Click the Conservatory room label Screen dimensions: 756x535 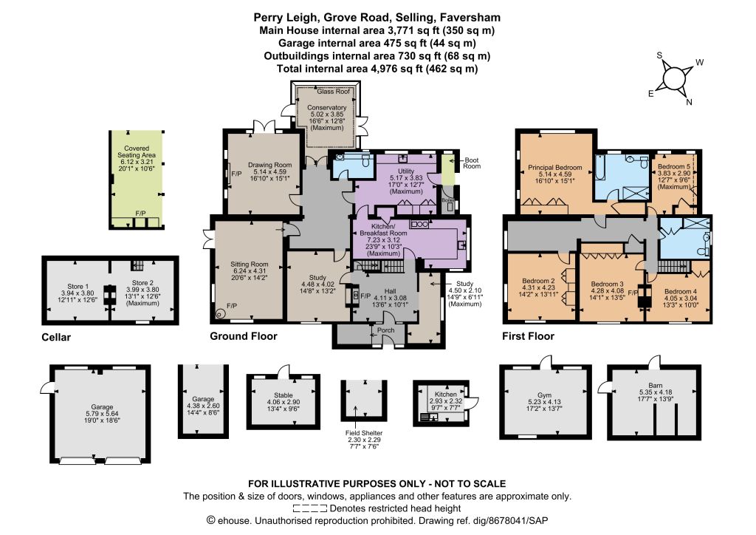[327, 107]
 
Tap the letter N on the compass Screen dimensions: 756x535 [689, 102]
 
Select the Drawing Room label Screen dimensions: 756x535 [269, 165]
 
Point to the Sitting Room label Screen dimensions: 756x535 [250, 264]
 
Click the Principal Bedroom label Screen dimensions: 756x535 [555, 168]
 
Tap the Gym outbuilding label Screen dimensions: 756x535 [544, 395]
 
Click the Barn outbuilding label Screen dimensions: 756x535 [656, 386]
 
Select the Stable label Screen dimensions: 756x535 [283, 395]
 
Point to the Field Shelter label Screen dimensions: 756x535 [364, 433]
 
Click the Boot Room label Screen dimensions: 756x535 [472, 163]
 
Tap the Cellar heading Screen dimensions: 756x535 [56, 337]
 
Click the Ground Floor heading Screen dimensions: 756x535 [244, 336]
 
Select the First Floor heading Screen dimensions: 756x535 [529, 336]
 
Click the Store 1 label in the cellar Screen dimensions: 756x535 [78, 286]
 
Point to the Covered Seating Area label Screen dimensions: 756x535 [137, 151]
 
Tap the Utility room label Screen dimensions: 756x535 [406, 171]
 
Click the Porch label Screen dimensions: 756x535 [385, 330]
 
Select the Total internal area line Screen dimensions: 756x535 [377, 69]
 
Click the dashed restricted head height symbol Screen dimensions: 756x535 [310, 508]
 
